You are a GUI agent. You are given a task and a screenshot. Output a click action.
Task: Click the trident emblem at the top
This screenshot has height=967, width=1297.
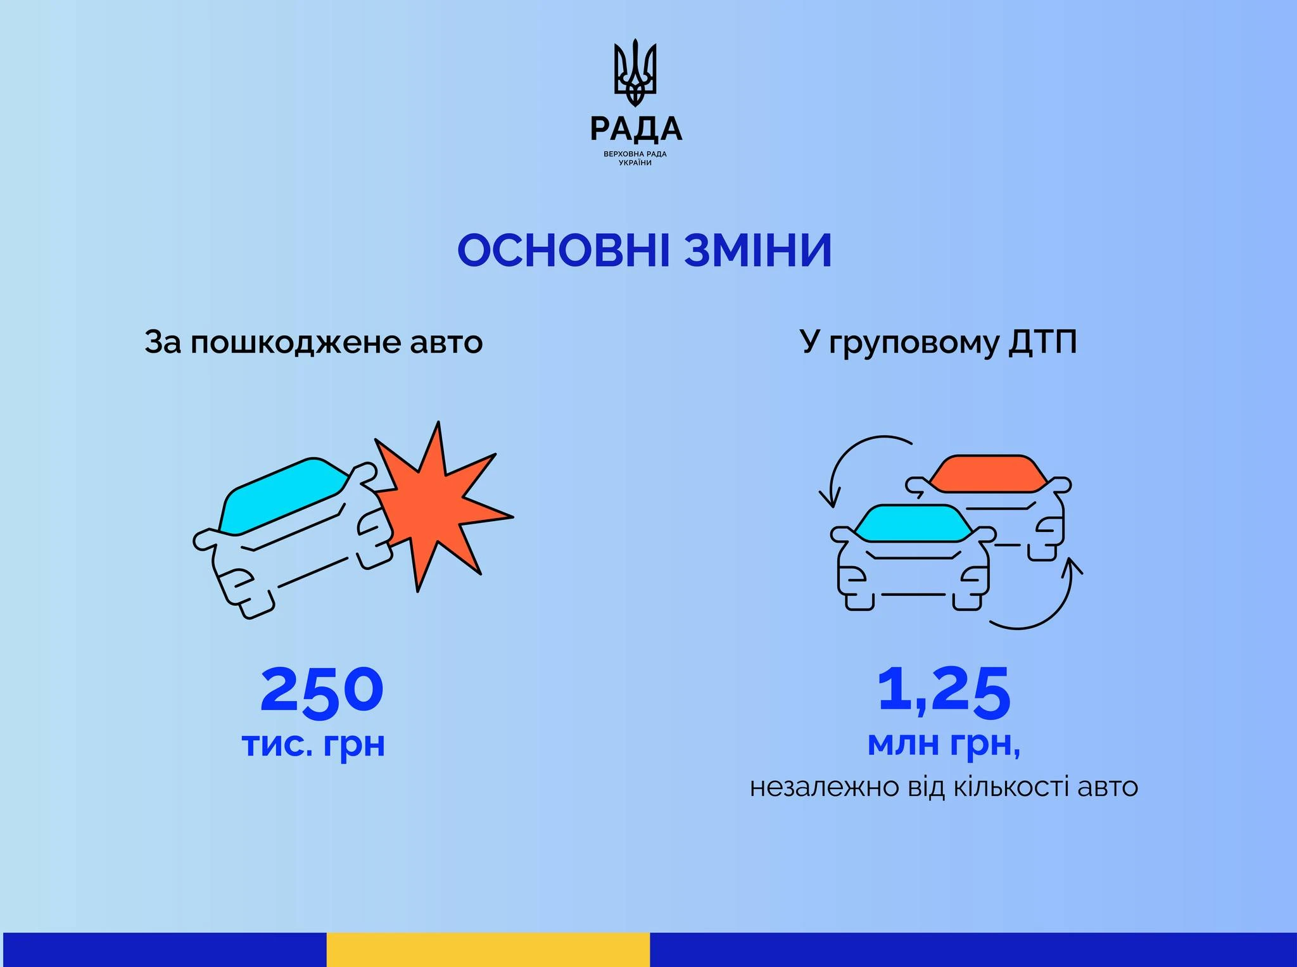(635, 73)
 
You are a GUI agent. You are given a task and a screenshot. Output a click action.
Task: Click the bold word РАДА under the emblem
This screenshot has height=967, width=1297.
(636, 129)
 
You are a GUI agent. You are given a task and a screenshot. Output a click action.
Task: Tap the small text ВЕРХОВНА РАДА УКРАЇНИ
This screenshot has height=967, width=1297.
(635, 158)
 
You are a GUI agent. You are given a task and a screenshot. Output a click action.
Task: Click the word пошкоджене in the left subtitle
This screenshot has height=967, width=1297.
(296, 343)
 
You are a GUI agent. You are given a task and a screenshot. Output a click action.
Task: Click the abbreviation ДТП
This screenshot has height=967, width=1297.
(1042, 343)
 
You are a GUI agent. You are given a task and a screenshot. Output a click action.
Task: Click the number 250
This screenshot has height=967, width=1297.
(322, 692)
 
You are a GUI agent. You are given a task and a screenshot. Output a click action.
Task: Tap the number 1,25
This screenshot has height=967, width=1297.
(944, 694)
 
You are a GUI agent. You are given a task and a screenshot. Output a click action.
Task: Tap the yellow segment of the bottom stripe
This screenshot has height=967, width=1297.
(488, 949)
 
